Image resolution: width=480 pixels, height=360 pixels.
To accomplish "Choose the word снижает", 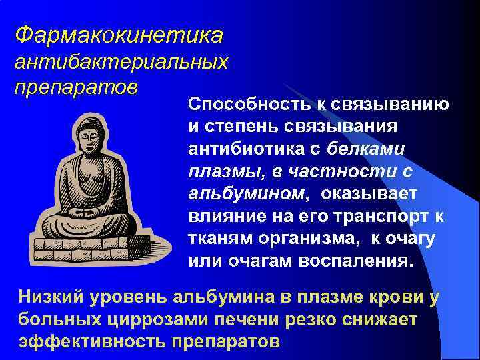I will pyautogui.click(x=376, y=319).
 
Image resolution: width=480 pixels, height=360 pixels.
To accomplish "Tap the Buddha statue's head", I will pyautogui.click(x=92, y=133).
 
